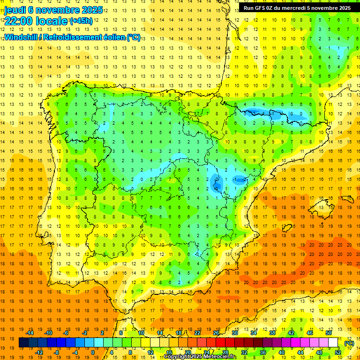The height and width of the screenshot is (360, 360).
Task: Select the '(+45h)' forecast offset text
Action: pos(81,21)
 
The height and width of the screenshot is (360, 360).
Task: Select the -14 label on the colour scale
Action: pos(30,333)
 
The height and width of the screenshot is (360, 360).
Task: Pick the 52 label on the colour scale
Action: pos(338,352)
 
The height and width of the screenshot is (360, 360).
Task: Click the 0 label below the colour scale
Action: pos(93,352)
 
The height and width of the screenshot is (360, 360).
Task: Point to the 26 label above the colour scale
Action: pos(216,333)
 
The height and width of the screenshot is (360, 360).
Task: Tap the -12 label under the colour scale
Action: pos(39,352)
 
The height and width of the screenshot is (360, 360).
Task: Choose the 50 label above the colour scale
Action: pos(328,333)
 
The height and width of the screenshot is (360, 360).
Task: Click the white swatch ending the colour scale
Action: pos(333,343)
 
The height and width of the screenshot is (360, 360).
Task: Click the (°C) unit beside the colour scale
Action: pos(349,343)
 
